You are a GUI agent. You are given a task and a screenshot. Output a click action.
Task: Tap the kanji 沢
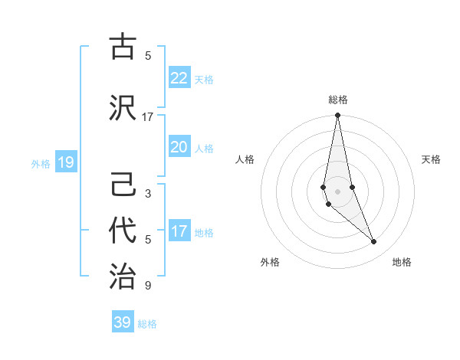click(123, 106)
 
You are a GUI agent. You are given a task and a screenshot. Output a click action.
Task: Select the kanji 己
click(123, 184)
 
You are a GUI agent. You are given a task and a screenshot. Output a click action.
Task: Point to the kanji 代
click(123, 230)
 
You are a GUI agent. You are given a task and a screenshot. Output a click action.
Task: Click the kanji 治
click(123, 276)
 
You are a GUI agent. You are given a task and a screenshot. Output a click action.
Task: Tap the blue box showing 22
click(179, 78)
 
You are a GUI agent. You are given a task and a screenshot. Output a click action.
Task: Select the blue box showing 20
click(179, 147)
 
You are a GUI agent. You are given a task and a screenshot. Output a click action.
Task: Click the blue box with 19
click(65, 162)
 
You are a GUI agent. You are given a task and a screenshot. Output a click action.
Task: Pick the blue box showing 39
click(123, 322)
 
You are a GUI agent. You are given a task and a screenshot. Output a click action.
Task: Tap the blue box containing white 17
click(179, 231)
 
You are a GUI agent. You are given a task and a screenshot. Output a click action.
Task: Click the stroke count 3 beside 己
click(148, 194)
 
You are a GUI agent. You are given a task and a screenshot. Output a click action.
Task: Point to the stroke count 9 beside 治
click(148, 286)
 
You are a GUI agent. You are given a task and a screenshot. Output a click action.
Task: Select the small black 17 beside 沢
click(148, 117)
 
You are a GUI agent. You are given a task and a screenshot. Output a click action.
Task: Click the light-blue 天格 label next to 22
click(204, 79)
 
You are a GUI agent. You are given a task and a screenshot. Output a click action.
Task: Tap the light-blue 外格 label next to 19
click(41, 163)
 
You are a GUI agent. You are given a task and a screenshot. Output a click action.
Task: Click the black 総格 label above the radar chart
click(337, 100)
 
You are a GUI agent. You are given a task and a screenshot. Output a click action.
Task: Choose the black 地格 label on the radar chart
click(402, 262)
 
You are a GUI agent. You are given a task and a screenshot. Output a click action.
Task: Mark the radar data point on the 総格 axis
click(337, 116)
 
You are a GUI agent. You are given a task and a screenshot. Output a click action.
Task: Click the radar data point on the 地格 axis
click(374, 242)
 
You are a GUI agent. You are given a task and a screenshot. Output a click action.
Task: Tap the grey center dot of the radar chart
click(337, 191)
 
